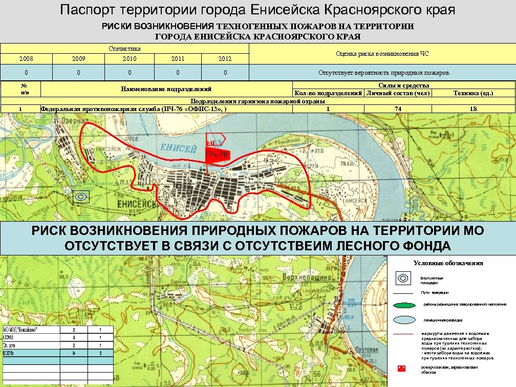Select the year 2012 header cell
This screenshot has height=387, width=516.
(x=225, y=59)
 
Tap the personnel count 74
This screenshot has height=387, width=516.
(x=398, y=109)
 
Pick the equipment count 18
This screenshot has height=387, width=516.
(x=473, y=109)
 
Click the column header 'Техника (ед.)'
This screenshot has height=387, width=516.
(x=473, y=93)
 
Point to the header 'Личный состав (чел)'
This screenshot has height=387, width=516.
(x=398, y=93)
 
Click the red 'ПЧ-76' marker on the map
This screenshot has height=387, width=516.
(x=217, y=155)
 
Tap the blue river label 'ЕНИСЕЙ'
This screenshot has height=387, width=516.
(x=179, y=148)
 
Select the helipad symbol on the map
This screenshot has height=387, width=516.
(x=81, y=196)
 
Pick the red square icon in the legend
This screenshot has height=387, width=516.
(x=402, y=369)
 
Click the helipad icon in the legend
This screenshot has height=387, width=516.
(x=404, y=278)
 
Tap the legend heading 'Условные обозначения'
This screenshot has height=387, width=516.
(x=448, y=263)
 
